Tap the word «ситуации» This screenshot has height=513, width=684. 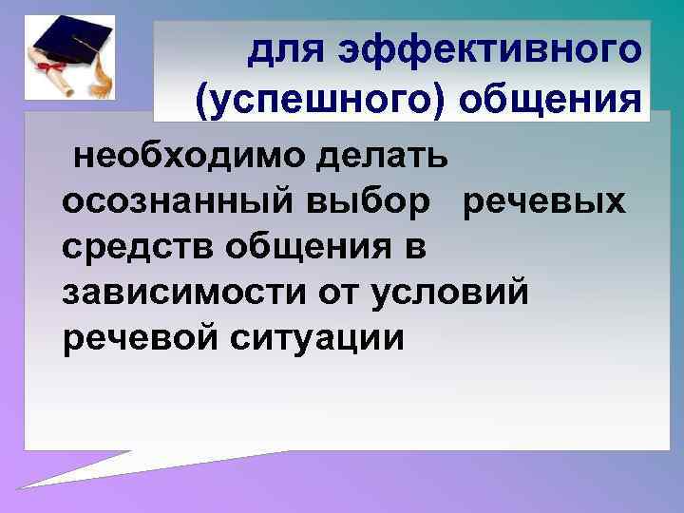(x=323, y=337)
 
